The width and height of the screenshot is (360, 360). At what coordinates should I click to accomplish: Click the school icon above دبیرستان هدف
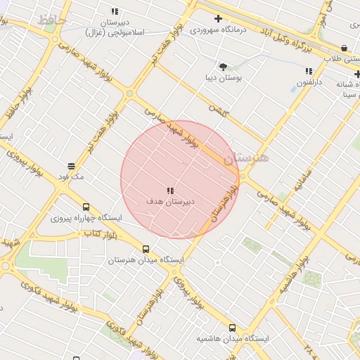point(170,191)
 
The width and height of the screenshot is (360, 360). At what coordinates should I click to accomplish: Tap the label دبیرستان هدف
point(170,201)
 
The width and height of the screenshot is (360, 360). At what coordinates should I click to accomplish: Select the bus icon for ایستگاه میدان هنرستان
point(146,249)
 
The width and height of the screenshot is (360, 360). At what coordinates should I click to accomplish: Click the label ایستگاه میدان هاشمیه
point(233,339)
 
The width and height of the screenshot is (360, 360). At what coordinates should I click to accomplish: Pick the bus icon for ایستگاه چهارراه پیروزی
point(86,207)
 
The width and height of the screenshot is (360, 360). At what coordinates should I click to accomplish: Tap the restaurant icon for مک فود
point(71,167)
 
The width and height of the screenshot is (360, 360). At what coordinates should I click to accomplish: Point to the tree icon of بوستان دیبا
point(223,67)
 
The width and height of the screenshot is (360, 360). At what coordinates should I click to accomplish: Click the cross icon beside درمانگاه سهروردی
point(218,19)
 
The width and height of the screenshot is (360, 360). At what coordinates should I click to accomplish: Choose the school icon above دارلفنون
point(309,71)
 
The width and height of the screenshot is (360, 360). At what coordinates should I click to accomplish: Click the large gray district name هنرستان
point(246,158)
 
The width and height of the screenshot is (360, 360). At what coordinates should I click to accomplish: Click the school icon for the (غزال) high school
point(115,12)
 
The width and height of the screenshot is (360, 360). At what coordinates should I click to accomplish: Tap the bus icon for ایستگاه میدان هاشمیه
point(233,328)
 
